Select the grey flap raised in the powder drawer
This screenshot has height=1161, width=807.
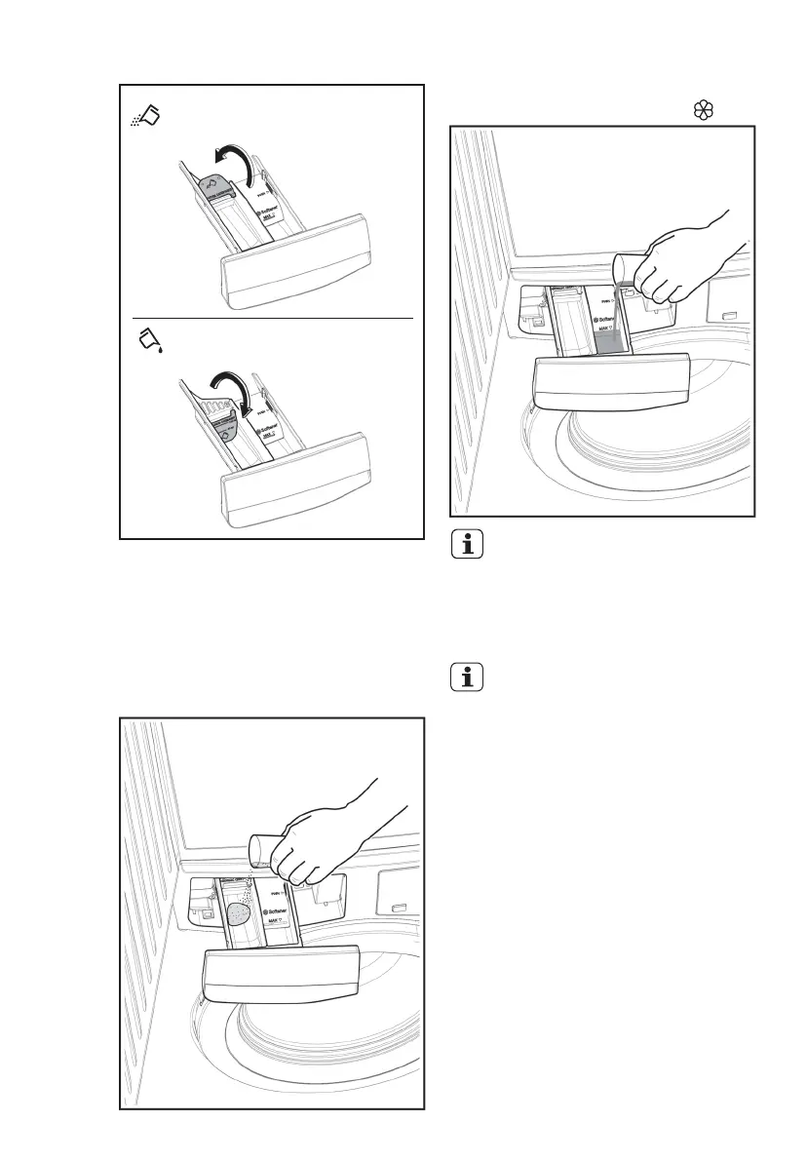pyautogui.click(x=216, y=182)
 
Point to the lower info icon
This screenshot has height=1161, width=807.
pyautogui.click(x=470, y=678)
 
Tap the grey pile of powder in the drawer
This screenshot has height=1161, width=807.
pyautogui.click(x=239, y=913)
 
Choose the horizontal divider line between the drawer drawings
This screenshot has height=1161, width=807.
pyautogui.click(x=273, y=318)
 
